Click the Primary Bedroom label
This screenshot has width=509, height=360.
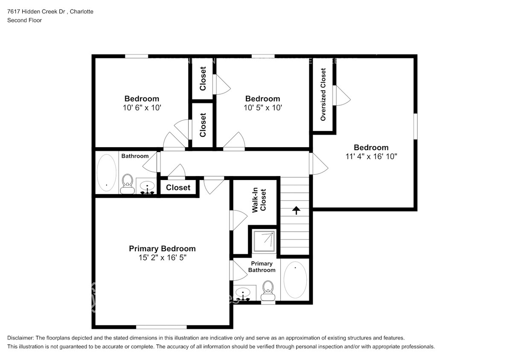point(162,249)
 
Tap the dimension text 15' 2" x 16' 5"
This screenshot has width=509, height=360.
point(162,258)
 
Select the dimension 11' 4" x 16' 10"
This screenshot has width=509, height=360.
point(371,157)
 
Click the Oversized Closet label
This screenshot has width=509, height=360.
point(323,94)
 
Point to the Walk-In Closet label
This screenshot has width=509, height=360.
point(259,200)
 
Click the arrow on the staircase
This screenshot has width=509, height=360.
point(295,210)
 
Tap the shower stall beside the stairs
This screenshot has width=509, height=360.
point(264,241)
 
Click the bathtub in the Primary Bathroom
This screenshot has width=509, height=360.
point(295,280)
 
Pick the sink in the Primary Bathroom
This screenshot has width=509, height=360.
point(244,293)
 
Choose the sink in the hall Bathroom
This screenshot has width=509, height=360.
point(148,186)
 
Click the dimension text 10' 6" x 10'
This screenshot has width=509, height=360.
point(142,108)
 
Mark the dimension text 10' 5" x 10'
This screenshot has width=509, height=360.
point(262,108)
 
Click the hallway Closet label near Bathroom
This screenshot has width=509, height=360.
point(178,188)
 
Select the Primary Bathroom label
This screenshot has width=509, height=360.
point(262,267)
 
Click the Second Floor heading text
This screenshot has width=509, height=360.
point(25,20)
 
